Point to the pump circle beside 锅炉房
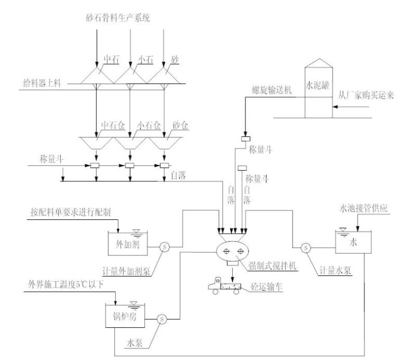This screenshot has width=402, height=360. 162,318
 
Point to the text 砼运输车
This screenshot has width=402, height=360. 263,290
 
